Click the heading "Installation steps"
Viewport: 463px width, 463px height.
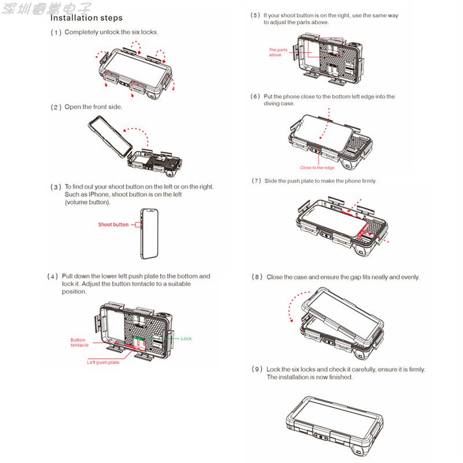coord(86,18)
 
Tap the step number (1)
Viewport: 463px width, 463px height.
coord(56,32)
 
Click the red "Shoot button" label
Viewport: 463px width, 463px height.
coord(113,225)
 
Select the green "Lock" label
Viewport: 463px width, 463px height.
coord(186,339)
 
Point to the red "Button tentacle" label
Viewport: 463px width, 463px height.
coord(79,343)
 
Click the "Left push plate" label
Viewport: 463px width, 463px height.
coord(103,362)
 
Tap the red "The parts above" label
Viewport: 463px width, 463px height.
coord(278,52)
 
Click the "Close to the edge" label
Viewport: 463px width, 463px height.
coord(317,168)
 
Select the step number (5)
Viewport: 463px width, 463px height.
coord(255,16)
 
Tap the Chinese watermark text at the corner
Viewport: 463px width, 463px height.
coord(46,8)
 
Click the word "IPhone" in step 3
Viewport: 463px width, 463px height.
coord(94,194)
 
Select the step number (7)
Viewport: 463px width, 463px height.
coord(256,181)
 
